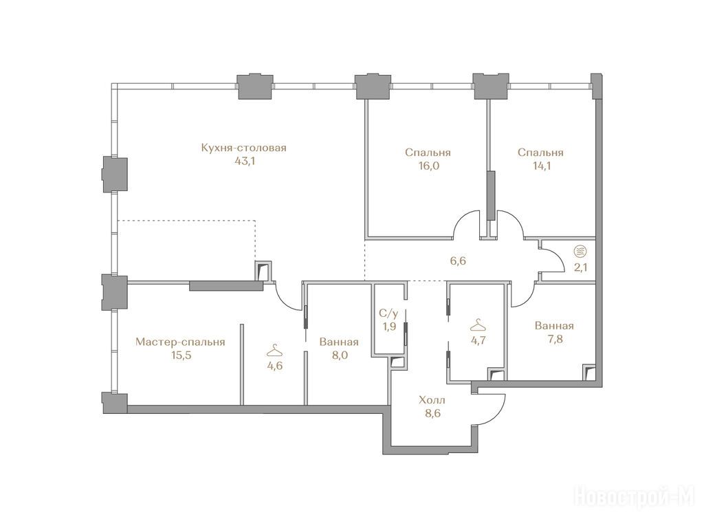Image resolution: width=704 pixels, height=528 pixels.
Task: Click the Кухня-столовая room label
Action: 244,148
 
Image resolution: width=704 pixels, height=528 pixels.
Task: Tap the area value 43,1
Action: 245,161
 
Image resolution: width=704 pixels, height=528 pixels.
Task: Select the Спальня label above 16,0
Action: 428,153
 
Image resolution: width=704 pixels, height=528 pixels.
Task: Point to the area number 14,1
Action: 540,166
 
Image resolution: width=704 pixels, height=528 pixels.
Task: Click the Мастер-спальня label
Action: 180,342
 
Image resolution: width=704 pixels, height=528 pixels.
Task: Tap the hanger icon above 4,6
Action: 274,349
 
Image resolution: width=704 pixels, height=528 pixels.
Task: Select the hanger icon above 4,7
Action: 477,324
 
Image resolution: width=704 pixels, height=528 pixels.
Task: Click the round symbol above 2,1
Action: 580,252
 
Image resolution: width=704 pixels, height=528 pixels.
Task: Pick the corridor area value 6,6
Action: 457,261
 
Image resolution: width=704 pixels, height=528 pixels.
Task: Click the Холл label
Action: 432,400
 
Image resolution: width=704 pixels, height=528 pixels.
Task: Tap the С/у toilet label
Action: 388,313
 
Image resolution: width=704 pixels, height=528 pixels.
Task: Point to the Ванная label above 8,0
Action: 339,342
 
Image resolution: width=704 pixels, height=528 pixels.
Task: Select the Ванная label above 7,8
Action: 554,325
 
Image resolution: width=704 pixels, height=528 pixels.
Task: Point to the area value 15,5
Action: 180,355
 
